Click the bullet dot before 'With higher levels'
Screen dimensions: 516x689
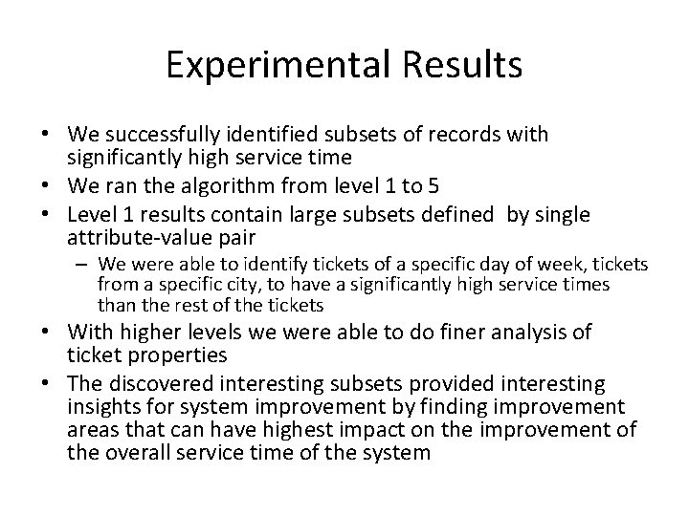45,333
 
